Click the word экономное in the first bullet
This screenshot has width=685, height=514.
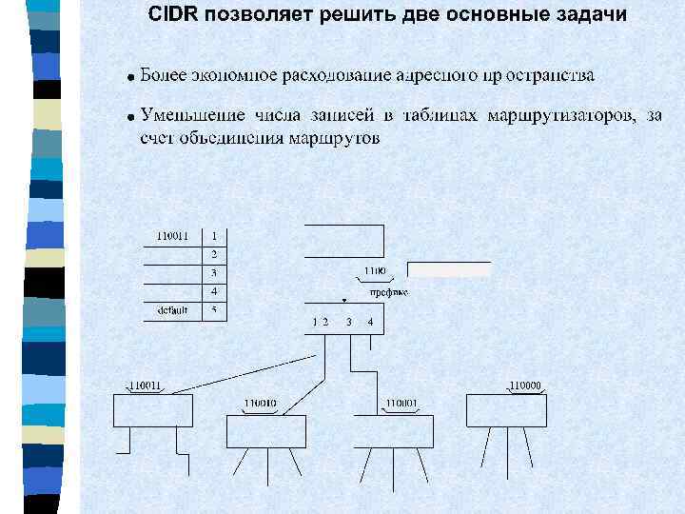[233, 74]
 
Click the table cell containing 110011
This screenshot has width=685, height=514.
[172, 235]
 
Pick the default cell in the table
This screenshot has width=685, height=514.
[172, 310]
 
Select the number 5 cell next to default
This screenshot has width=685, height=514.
[214, 310]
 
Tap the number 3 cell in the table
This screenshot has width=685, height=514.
[214, 273]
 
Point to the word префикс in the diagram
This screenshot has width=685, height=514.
[388, 292]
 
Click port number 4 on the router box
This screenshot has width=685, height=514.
[370, 322]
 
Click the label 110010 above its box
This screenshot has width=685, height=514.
[260, 404]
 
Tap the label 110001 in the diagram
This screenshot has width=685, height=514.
[401, 404]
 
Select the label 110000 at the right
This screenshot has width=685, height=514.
[525, 385]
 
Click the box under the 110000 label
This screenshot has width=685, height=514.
[506, 410]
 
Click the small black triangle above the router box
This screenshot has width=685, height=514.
[344, 299]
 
